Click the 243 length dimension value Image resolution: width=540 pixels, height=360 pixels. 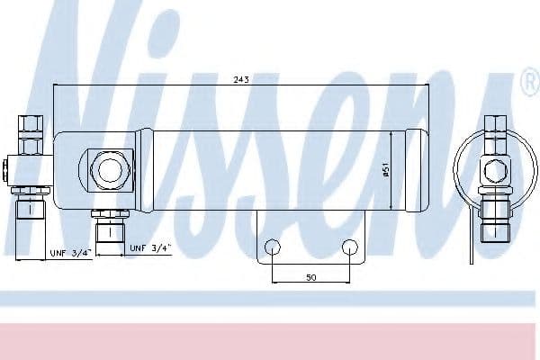tap(241, 79)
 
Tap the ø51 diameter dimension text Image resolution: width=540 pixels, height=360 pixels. tap(386, 170)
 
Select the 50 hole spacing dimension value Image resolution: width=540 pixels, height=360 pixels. tap(311, 277)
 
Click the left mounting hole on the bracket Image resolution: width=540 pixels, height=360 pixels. tap(273, 247)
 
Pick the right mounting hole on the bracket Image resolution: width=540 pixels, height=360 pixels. tap(350, 247)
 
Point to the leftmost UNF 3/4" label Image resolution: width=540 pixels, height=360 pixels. tap(71, 253)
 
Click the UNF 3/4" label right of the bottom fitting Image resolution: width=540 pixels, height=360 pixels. tap(150, 248)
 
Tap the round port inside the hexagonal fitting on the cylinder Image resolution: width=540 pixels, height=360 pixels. tap(110, 170)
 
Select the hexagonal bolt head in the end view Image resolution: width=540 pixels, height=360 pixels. tap(495, 170)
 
